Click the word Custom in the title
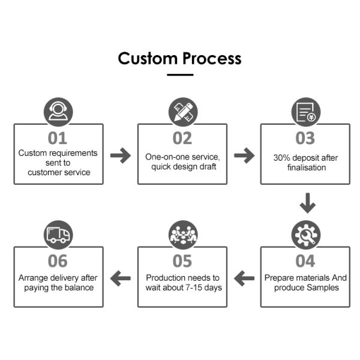point(148,58)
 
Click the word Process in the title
point(212,58)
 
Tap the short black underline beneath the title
point(180,74)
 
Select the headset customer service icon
point(58,112)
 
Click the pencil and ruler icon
point(183,112)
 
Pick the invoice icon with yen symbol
point(306,112)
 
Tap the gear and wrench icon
point(306,235)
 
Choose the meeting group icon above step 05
point(183,235)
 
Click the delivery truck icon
point(58,235)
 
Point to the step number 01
point(58,138)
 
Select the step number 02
point(182,138)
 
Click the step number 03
point(305,138)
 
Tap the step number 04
point(305,261)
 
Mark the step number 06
point(58,261)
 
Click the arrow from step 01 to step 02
point(121,155)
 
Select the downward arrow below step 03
point(308,203)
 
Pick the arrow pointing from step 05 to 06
point(121,278)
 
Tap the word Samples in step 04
point(323,287)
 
